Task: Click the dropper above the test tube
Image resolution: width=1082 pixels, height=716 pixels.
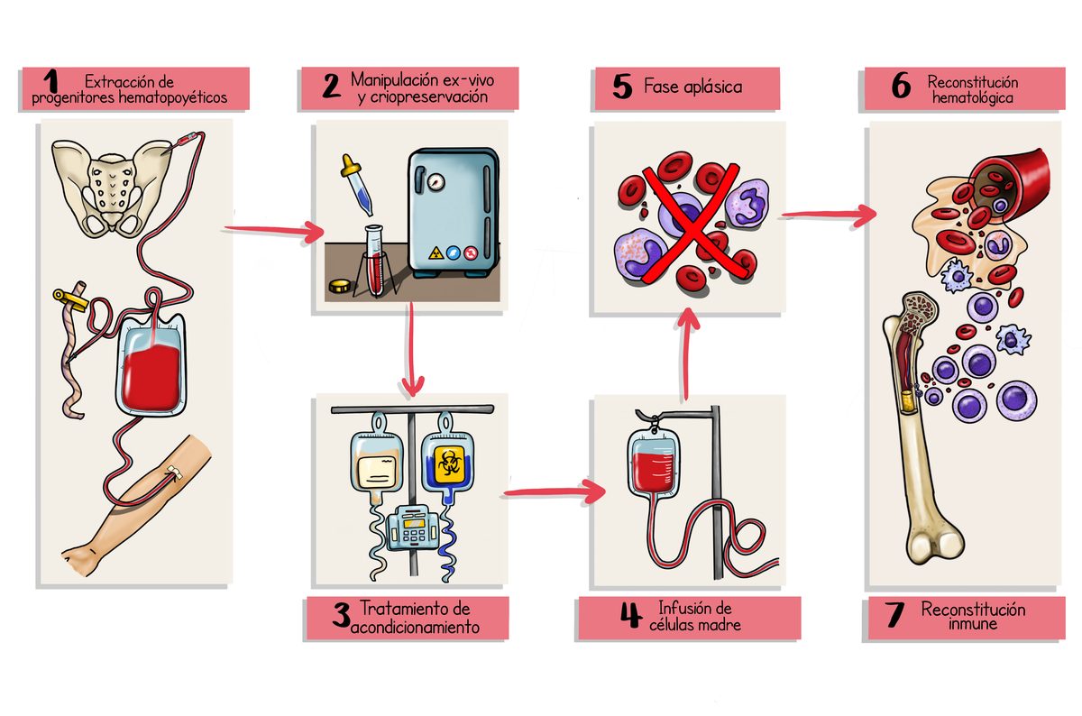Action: pos(353,184)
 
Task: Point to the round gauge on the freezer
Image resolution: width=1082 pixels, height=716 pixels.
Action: pos(437,182)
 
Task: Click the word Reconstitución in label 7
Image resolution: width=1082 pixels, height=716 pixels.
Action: pos(972,610)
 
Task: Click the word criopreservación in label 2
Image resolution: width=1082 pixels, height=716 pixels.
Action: pos(423,96)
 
